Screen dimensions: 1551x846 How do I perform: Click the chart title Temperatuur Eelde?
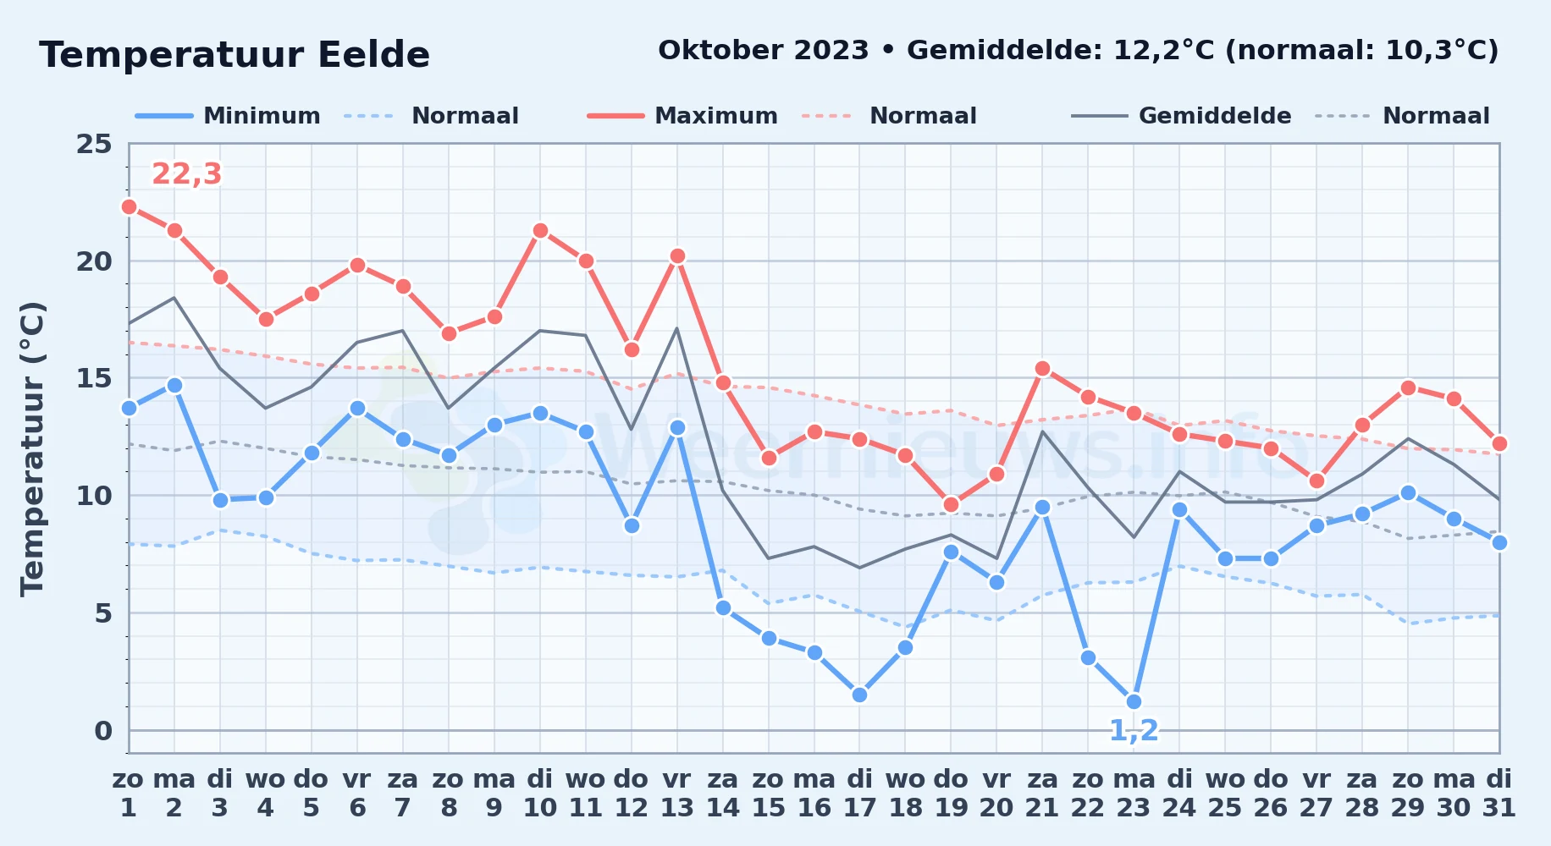click(235, 55)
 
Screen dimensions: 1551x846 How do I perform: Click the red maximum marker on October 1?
click(129, 206)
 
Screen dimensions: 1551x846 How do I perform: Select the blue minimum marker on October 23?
click(1134, 701)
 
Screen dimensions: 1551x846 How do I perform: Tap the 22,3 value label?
click(186, 173)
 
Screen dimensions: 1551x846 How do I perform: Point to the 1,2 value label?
click(1134, 730)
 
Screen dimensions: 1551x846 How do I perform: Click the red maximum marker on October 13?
click(677, 255)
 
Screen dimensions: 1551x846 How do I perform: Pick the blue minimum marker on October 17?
click(859, 695)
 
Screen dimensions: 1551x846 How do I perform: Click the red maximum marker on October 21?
click(1042, 368)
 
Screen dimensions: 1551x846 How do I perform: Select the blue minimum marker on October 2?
click(174, 385)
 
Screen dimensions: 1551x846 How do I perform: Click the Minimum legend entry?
click(229, 116)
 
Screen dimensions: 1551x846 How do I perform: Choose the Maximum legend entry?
click(683, 116)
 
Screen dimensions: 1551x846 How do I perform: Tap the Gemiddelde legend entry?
click(1182, 116)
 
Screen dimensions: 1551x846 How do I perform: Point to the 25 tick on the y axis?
click(94, 144)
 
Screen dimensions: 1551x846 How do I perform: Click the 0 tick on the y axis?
click(103, 730)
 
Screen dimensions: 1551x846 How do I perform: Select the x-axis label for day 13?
click(677, 794)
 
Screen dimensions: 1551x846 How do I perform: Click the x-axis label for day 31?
click(1499, 794)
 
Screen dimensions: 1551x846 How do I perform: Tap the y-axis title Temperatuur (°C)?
click(33, 448)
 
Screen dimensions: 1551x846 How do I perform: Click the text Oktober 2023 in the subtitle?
click(764, 50)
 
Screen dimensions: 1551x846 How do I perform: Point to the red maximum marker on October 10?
click(540, 230)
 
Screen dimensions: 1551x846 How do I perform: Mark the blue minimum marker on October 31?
click(1499, 542)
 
